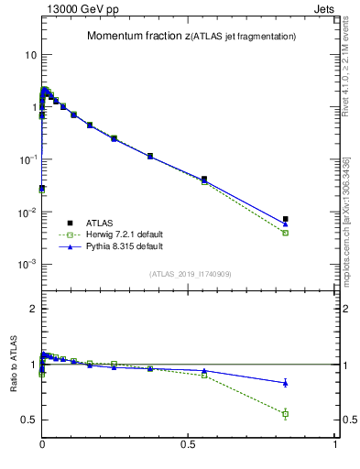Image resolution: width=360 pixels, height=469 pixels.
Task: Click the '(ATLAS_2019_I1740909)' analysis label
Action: click(190, 274)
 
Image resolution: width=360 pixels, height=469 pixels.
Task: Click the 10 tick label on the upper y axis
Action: click(30, 55)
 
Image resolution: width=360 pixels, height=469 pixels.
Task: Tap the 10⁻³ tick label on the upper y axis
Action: click(27, 264)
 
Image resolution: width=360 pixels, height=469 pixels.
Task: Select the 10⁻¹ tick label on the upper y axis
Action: click(27, 159)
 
